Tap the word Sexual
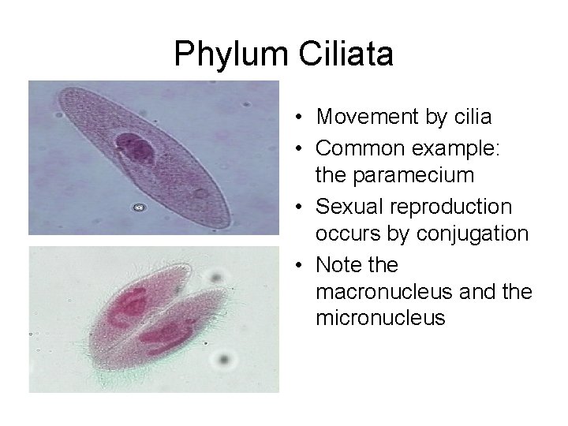click(349, 207)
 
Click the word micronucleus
click(380, 318)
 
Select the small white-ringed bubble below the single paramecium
click(140, 208)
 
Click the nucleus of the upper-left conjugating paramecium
click(130, 308)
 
